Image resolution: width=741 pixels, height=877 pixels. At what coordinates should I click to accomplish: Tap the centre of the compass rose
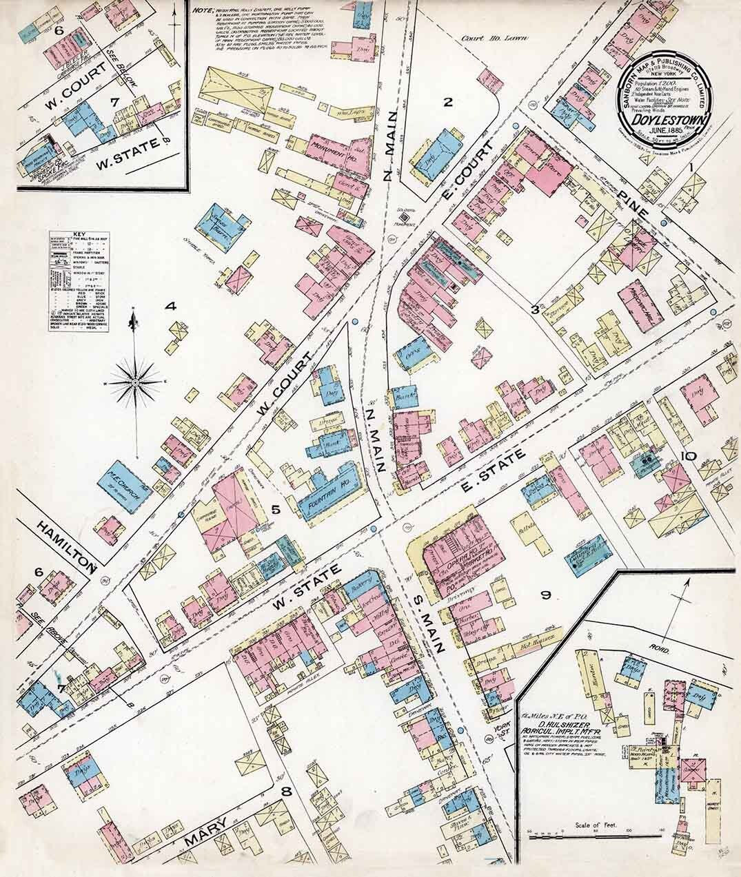(136, 381)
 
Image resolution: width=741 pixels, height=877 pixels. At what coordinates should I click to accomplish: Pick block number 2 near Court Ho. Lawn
(447, 103)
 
